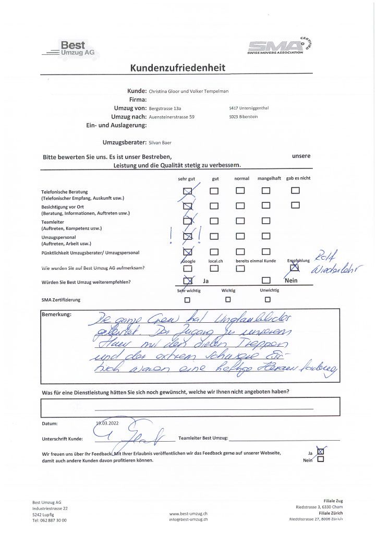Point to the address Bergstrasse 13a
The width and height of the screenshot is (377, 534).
168,108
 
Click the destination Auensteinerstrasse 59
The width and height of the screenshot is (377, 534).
172,117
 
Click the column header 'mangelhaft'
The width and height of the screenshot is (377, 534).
269,178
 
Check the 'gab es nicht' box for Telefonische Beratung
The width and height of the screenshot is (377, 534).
295,190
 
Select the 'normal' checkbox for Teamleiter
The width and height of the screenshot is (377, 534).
240,221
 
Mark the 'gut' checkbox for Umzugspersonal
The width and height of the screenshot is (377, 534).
214,236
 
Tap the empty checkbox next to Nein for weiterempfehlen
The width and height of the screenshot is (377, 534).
266,281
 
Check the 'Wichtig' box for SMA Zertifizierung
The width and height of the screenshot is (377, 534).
228,299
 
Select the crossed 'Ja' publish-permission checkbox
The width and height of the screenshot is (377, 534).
320,452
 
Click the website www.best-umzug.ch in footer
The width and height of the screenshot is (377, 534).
188,513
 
